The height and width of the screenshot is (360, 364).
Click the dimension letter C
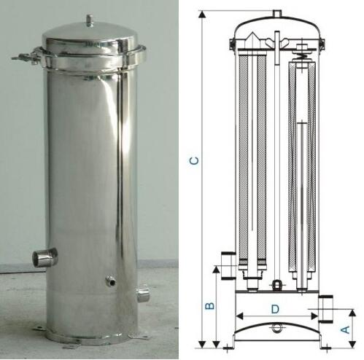pos(194,161)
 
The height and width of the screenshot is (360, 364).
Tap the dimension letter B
pos(210,305)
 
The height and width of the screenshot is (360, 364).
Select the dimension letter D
pos(275,309)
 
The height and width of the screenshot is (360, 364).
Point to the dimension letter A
pos(346,329)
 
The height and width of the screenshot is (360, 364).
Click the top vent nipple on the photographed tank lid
pos(90,20)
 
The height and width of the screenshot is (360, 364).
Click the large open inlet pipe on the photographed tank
pos(45,257)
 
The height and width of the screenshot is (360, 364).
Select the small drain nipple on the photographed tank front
pos(110,281)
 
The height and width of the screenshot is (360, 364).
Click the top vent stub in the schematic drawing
pos(277,14)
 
